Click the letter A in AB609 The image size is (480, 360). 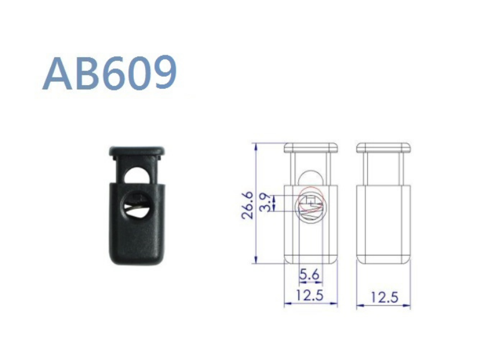(58, 74)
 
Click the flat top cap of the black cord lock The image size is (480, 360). (137, 151)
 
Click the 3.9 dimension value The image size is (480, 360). (265, 202)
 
